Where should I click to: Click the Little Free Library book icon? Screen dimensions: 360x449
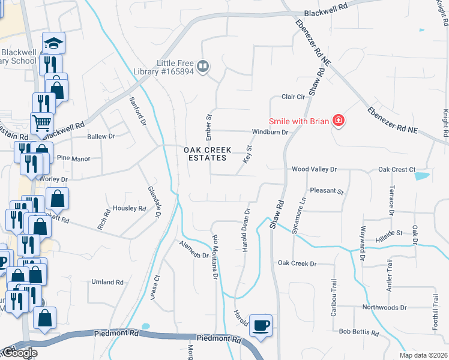pyautogui.click(x=203, y=67)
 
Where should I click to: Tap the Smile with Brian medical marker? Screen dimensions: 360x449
pyautogui.click(x=339, y=121)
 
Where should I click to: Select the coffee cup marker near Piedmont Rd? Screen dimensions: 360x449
pyautogui.click(x=261, y=325)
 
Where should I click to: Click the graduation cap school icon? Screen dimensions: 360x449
pyautogui.click(x=54, y=43)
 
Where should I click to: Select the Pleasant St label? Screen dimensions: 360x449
pyautogui.click(x=326, y=191)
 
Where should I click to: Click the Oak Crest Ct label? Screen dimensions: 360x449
pyautogui.click(x=396, y=170)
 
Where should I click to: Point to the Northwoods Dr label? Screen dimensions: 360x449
pyautogui.click(x=384, y=307)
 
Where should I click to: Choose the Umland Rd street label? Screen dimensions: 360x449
pyautogui.click(x=107, y=282)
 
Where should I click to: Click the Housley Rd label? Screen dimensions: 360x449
pyautogui.click(x=130, y=209)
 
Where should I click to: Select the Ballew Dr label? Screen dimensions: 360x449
pyautogui.click(x=100, y=137)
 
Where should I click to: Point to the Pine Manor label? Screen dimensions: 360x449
pyautogui.click(x=73, y=159)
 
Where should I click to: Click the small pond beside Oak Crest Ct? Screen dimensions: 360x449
pyautogui.click(x=422, y=176)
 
